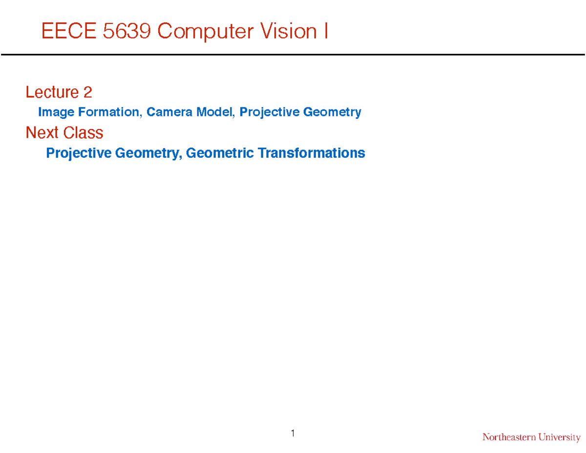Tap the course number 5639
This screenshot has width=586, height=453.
(128, 32)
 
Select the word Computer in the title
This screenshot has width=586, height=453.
(207, 32)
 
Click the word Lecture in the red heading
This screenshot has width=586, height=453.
(52, 92)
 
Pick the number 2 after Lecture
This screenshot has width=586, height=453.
(87, 92)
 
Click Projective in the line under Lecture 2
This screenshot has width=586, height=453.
(270, 112)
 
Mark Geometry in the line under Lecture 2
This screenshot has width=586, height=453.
(332, 113)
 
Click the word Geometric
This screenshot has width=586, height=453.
(220, 153)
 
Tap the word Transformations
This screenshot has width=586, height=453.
(311, 153)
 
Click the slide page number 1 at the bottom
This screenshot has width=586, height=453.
(293, 433)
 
